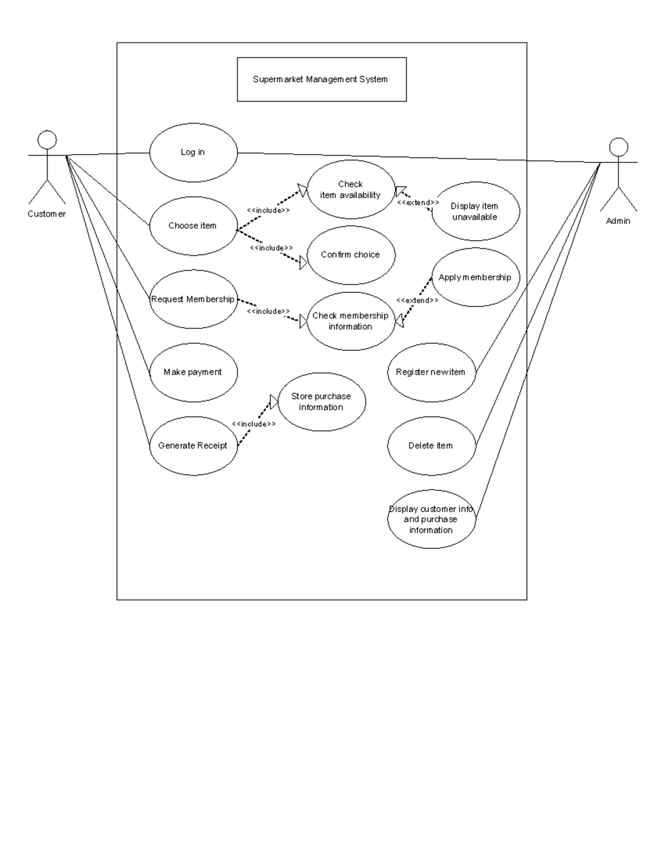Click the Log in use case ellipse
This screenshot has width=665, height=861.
[193, 152]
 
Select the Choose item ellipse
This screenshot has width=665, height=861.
[193, 226]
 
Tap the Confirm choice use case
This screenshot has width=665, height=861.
[351, 255]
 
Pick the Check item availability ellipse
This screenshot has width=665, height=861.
[351, 190]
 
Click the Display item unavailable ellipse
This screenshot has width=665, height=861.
[475, 211]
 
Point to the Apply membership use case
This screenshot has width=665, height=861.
[475, 277]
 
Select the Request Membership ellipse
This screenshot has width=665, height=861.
[193, 299]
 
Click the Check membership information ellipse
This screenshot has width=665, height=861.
[351, 321]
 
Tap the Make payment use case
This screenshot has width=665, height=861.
[193, 373]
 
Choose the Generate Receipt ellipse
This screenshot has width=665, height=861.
[193, 446]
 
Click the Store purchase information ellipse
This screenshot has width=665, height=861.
[321, 402]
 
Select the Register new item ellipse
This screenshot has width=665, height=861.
[431, 373]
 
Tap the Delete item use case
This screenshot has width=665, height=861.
[431, 446]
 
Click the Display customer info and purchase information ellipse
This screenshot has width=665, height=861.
[431, 519]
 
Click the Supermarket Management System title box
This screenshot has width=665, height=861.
[321, 79]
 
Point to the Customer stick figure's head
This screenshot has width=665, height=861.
[47, 140]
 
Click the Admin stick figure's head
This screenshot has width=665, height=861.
[618, 147]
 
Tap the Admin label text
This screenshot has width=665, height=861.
[618, 221]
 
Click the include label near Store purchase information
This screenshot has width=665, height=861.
[254, 424]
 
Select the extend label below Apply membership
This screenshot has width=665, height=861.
[417, 300]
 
